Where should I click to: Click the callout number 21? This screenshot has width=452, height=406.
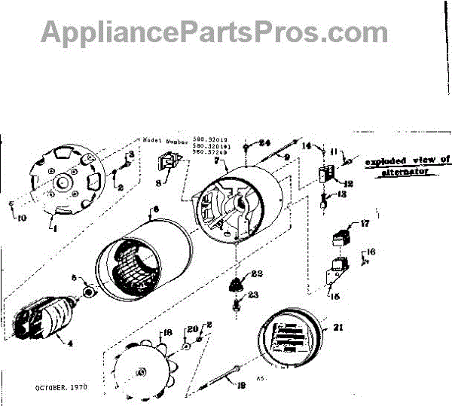325,326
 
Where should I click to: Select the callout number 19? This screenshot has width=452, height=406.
243,385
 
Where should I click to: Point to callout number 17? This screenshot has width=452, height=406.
365,224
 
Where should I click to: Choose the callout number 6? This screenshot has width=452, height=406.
156,208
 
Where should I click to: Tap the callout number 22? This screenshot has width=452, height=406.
256,273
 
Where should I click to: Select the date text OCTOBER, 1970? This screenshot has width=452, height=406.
61,387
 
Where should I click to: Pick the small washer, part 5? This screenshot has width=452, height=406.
88,291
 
